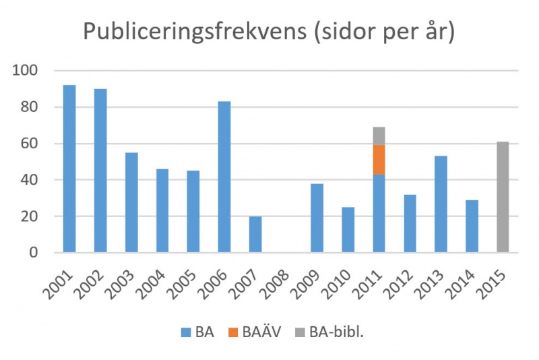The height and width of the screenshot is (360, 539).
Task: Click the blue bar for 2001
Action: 69,169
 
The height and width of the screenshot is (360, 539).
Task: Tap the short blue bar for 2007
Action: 255,234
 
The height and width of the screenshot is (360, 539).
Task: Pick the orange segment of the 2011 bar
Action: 379,160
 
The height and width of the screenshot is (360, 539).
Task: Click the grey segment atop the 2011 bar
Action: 379,136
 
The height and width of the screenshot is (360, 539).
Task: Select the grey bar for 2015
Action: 503,197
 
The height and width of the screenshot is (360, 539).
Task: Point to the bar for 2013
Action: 441,204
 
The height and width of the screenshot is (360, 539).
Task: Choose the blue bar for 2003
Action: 131,202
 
